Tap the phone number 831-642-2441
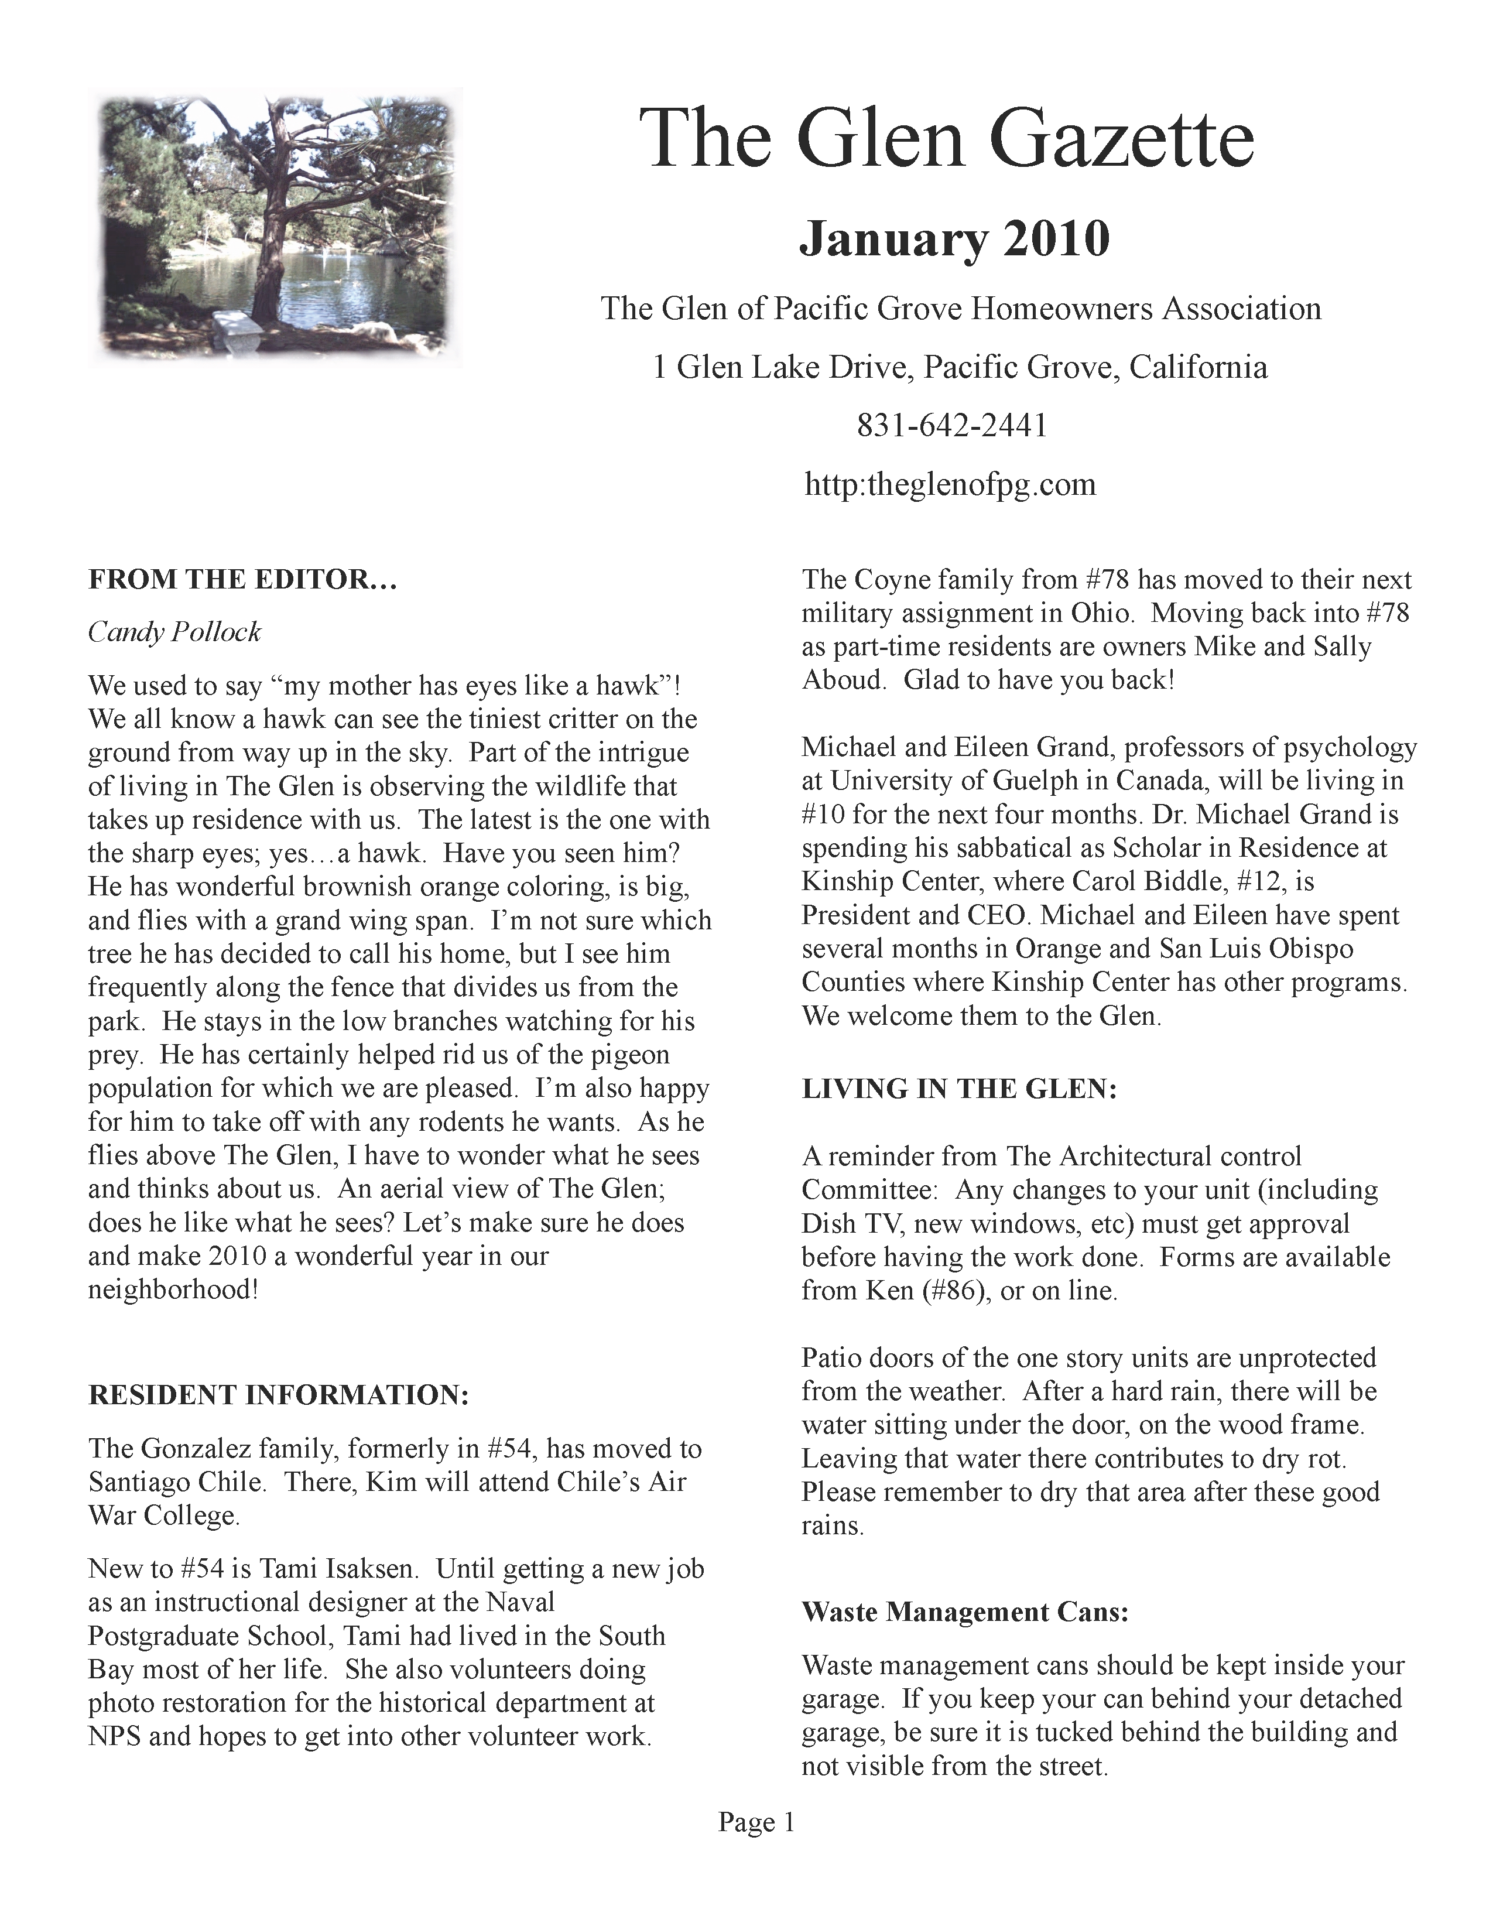coord(951,426)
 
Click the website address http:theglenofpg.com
coord(950,484)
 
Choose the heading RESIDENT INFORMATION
coord(278,1395)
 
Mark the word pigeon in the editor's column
coord(628,1055)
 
